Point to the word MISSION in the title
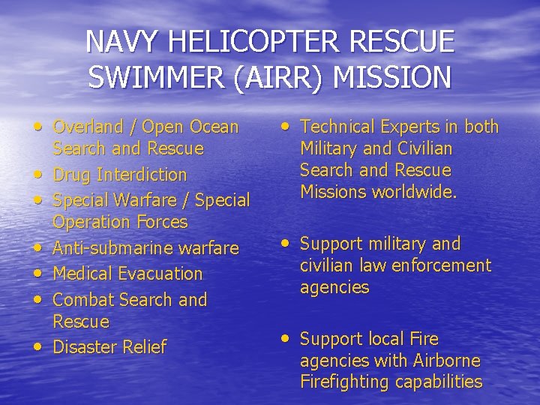pyautogui.click(x=396, y=77)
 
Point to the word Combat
pyautogui.click(x=83, y=299)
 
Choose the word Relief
pyautogui.click(x=142, y=347)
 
